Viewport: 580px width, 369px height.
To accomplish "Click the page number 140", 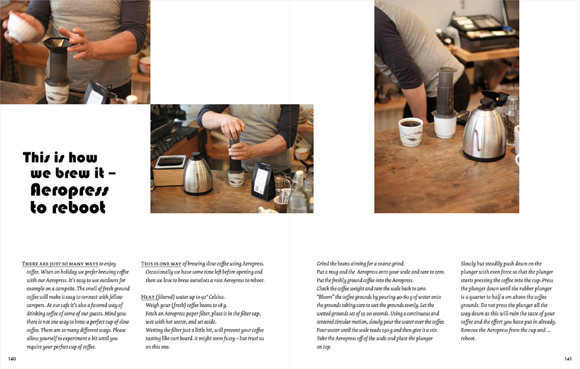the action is tap(12, 359).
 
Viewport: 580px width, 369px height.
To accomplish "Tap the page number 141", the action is tap(568, 359).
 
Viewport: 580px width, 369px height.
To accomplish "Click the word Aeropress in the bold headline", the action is tap(69, 190).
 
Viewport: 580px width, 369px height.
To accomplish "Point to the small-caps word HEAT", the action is tap(148, 297).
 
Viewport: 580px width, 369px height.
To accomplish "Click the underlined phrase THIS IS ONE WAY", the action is tap(161, 264).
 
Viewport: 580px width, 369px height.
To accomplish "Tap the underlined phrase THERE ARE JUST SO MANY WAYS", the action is tap(60, 264).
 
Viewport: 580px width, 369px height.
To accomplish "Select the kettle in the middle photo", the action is tap(198, 174).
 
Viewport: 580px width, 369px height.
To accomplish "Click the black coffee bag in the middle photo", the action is tap(263, 181).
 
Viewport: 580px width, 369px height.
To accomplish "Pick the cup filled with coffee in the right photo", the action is tap(410, 131).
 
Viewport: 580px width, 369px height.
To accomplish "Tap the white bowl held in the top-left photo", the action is tap(22, 27).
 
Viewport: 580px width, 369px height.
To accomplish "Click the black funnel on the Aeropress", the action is tap(57, 45).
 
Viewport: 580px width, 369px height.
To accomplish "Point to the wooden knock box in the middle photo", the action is tap(170, 171).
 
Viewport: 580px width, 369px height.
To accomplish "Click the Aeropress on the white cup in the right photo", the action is tap(445, 93).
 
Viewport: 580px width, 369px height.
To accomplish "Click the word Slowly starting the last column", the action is tap(468, 264).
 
